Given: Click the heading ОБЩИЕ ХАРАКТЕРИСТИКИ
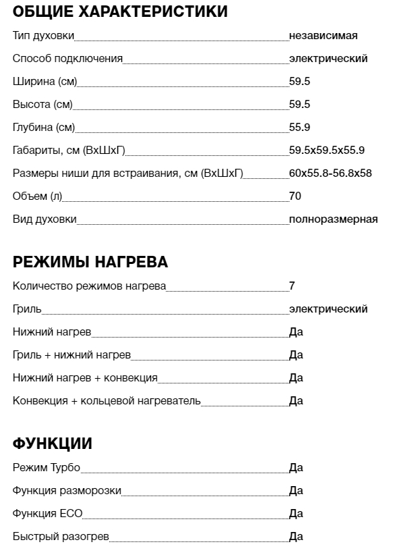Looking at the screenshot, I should point(120,11).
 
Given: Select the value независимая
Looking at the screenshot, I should point(323,36).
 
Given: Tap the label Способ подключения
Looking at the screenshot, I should point(67,59).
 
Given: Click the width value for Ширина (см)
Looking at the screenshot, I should point(299,82).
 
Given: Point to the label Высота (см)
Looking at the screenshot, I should point(42,105).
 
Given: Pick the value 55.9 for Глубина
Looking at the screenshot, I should point(299,128).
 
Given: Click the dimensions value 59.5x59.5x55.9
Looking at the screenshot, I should point(326,151).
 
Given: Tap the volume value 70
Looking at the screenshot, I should point(295,196).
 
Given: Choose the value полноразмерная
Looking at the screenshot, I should point(333,219).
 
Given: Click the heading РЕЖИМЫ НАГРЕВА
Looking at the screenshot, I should point(90,262).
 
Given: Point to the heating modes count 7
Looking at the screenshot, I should point(292,286).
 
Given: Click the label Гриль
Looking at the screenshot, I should point(27,309).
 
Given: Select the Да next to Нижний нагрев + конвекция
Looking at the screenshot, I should point(296,378).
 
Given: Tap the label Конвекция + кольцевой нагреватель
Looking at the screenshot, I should point(107,401).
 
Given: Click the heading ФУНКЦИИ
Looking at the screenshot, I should point(53,444).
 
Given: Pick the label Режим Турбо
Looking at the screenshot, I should point(47,468).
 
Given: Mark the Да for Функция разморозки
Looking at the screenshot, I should point(296,491).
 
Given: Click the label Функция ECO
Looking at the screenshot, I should point(47,514).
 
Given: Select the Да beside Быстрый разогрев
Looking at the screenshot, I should point(296,537).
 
